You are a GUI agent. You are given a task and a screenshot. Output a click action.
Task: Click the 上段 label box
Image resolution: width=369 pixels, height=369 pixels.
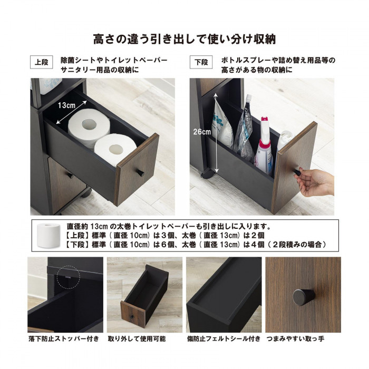42,62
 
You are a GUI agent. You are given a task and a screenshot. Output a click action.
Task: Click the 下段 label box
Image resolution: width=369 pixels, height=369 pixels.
201,62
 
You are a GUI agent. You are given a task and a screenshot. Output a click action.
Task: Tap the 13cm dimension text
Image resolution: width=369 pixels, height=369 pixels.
66,105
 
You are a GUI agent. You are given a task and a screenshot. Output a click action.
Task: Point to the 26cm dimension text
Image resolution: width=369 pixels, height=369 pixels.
202,132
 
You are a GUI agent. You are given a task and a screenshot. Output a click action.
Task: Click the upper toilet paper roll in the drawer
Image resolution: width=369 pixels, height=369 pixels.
89,127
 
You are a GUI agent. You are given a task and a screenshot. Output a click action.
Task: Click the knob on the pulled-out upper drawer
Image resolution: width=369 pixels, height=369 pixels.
141,173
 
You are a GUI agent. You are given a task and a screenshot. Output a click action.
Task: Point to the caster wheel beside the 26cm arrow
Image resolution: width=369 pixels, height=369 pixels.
207,173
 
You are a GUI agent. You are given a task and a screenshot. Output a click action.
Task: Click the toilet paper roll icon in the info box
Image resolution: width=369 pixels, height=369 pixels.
48,235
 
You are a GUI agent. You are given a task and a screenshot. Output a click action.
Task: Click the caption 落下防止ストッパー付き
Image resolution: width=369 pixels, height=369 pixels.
64,339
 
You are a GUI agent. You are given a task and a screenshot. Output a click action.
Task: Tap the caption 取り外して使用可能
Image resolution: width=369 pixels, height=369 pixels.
137,339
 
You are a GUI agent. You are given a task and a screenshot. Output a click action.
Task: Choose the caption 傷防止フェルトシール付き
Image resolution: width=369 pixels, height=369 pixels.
224,339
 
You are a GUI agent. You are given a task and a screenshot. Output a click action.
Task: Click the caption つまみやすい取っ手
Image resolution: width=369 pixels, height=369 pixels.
295,339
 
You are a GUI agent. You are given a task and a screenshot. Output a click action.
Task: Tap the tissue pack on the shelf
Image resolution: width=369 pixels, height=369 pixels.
50,85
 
